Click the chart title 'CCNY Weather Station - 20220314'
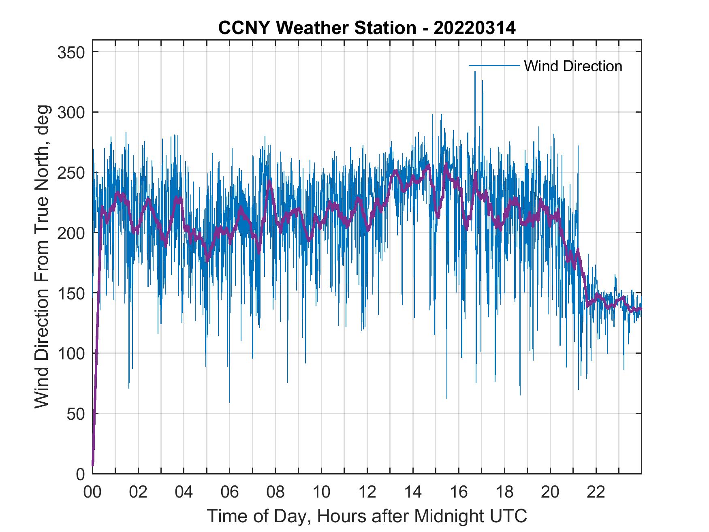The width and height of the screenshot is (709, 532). click(x=367, y=28)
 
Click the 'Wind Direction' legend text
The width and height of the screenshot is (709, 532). click(x=573, y=66)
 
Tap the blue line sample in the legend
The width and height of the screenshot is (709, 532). click(x=494, y=66)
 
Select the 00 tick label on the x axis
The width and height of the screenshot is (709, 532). click(x=92, y=492)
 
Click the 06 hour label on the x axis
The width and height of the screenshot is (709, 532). click(x=230, y=492)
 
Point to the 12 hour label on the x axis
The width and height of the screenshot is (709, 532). click(x=367, y=492)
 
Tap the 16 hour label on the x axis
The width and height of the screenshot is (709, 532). click(x=459, y=492)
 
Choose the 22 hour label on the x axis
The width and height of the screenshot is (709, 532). click(x=596, y=492)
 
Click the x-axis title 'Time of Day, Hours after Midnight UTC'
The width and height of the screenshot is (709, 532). click(x=367, y=516)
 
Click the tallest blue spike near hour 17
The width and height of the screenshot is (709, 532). click(x=475, y=73)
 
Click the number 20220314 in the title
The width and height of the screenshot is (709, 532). click(x=474, y=28)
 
